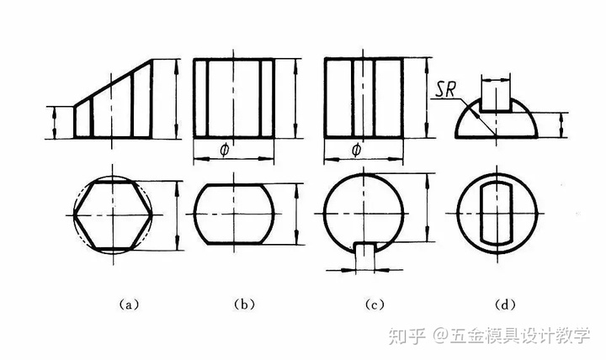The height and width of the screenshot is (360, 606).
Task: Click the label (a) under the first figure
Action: [x=128, y=304]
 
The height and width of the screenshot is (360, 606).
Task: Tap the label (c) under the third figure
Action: [x=371, y=304]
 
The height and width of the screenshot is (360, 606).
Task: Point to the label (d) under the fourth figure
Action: [x=506, y=304]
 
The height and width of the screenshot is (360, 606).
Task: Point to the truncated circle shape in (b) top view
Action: [x=235, y=214]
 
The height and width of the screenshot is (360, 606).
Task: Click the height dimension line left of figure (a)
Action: [x=54, y=121]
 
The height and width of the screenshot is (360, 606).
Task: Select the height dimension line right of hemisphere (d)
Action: [x=561, y=124]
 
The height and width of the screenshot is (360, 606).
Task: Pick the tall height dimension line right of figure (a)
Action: [x=175, y=98]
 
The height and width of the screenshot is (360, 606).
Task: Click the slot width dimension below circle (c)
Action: [x=366, y=269]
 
